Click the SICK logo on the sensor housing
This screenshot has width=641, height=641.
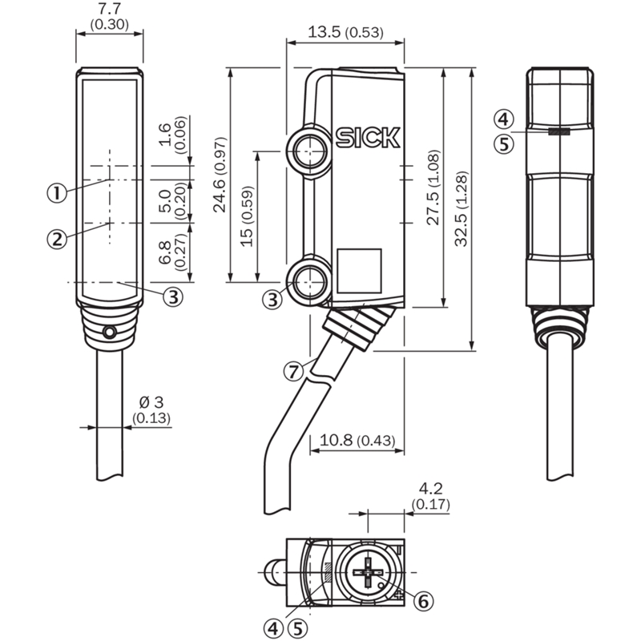click(368, 138)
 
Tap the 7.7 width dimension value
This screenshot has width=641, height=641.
click(110, 8)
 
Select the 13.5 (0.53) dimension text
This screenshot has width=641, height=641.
click(345, 32)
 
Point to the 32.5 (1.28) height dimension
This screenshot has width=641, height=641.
click(462, 208)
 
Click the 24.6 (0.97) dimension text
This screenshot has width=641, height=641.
click(220, 175)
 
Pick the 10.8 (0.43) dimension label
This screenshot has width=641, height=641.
click(357, 440)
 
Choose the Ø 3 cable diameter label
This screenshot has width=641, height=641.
click(151, 402)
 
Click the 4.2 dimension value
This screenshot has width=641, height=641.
click(431, 489)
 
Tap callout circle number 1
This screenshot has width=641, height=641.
click(57, 192)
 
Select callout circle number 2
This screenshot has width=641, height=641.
click(57, 238)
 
